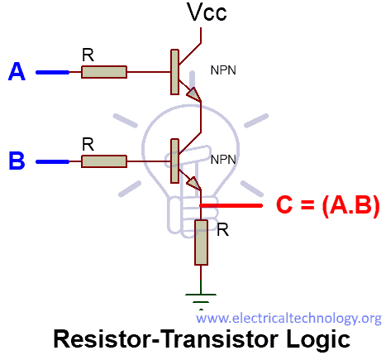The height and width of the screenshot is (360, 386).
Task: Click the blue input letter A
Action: pos(16,73)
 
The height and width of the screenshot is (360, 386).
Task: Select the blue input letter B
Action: pos(16,160)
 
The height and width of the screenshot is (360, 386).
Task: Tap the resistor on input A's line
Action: pos(104,73)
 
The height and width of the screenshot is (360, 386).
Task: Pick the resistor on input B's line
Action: pos(104,160)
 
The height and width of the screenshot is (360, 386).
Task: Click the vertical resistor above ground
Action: pos(201,242)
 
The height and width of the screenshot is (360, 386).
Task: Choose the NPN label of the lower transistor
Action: pos(223,158)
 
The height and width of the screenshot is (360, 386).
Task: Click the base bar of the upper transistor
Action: pos(174,72)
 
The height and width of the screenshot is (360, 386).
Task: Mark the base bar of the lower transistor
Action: pos(174,160)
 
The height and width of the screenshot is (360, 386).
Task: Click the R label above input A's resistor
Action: pos(88,55)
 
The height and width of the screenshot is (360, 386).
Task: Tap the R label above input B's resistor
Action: pos(88,143)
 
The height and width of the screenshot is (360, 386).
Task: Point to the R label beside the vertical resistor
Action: pos(222,229)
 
